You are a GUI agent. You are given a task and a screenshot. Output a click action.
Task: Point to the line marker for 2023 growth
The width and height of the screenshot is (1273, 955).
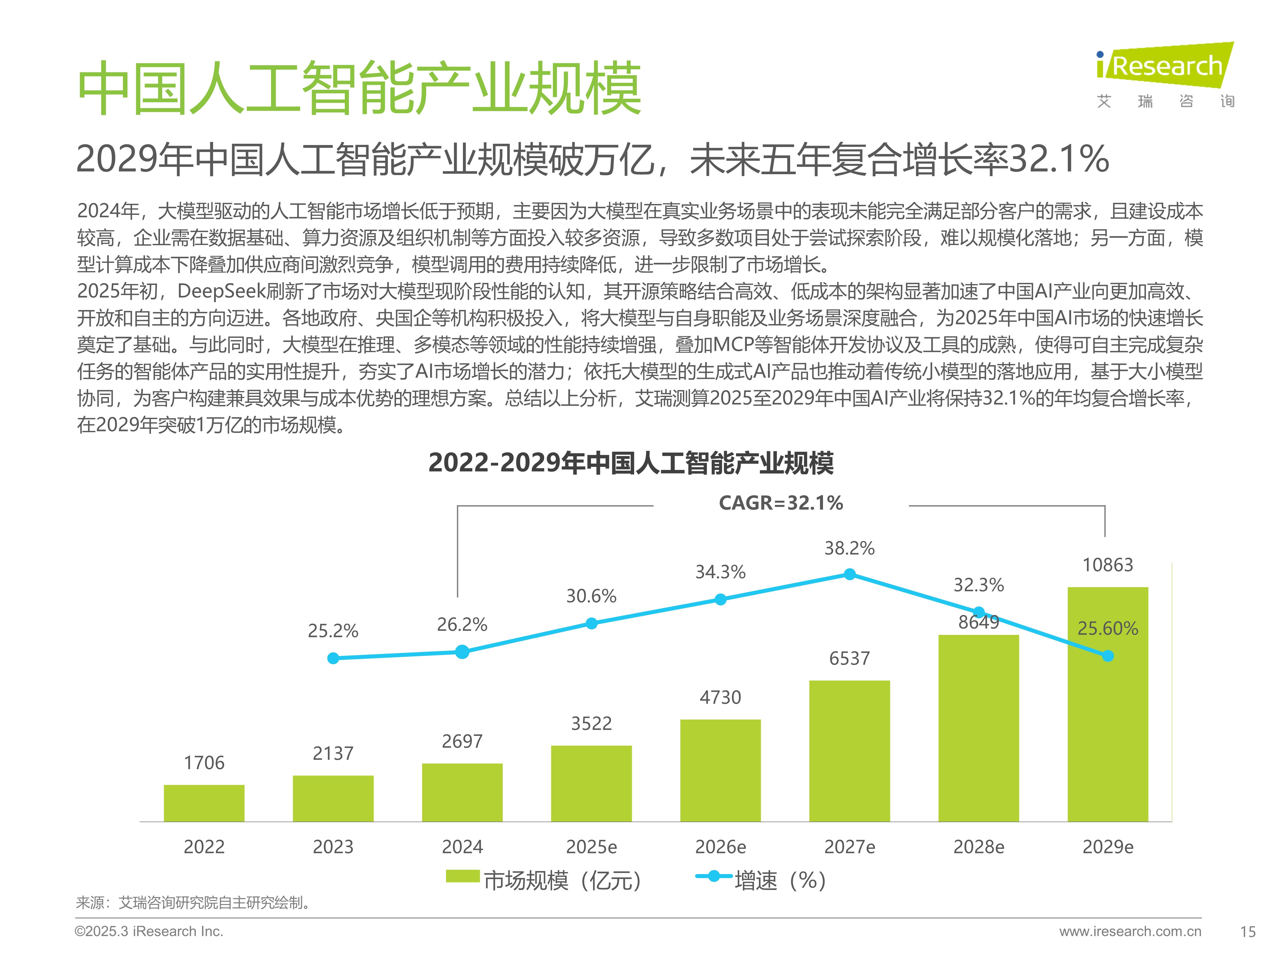tap(333, 658)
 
